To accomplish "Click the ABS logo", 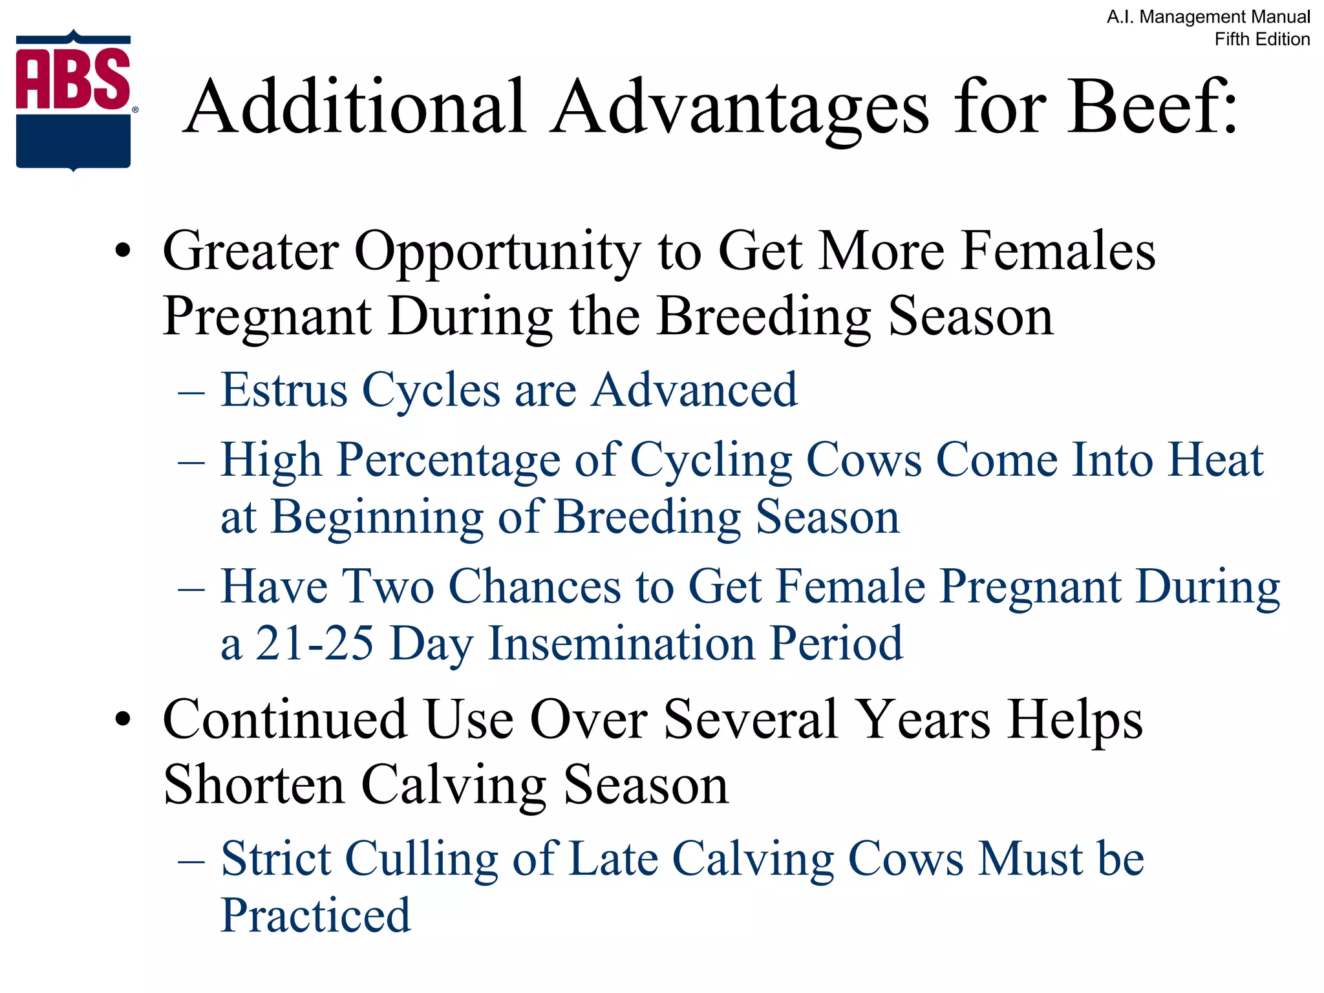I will click(74, 100).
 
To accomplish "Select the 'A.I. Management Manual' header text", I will click(1208, 17).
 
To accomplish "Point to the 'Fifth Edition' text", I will click(1262, 39).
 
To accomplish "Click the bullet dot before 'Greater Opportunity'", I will click(123, 251).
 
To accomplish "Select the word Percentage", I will click(449, 461).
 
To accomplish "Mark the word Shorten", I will click(253, 785).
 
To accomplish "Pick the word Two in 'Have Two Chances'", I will click(388, 587).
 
